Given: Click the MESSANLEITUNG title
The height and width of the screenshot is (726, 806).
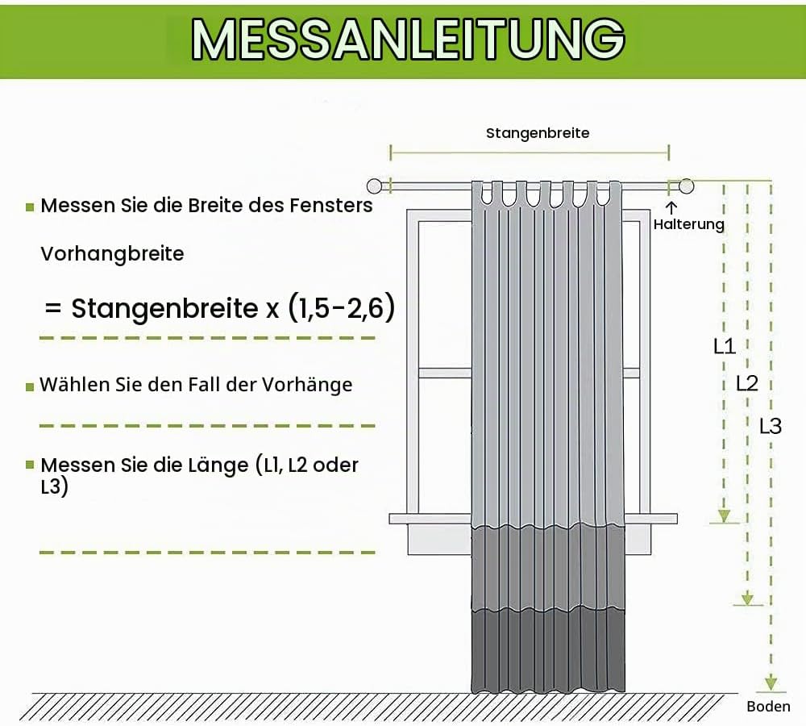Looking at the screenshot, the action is pyautogui.click(x=408, y=40).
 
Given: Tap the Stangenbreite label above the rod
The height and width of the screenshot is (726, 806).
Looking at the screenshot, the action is pyautogui.click(x=538, y=133).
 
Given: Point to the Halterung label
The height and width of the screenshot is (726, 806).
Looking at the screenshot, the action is pyautogui.click(x=689, y=224).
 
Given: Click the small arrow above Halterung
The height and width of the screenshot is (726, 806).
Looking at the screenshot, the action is pyautogui.click(x=671, y=207).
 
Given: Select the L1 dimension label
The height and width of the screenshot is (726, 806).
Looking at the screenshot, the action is pyautogui.click(x=725, y=346).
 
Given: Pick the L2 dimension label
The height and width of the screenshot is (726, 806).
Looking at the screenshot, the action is pyautogui.click(x=747, y=383).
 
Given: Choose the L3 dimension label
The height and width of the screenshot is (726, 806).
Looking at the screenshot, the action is pyautogui.click(x=771, y=426).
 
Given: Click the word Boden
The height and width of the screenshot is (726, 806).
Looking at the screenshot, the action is pyautogui.click(x=768, y=707).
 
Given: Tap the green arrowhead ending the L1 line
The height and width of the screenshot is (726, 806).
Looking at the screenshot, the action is pyautogui.click(x=724, y=516).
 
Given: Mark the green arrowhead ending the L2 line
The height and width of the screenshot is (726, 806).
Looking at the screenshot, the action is pyautogui.click(x=747, y=599).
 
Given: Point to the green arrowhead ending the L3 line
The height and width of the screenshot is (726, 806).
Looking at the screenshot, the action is pyautogui.click(x=771, y=683).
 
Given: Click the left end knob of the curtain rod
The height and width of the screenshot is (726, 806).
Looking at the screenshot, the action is pyautogui.click(x=374, y=186).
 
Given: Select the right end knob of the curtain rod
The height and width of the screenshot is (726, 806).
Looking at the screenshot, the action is pyautogui.click(x=686, y=186).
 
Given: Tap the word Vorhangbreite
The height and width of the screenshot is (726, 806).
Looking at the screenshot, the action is pyautogui.click(x=112, y=253).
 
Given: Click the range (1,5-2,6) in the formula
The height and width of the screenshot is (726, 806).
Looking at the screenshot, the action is pyautogui.click(x=342, y=307).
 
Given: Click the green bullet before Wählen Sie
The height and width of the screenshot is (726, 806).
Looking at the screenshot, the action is pyautogui.click(x=30, y=386).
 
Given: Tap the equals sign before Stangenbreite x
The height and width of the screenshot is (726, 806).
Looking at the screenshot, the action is pyautogui.click(x=53, y=309).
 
